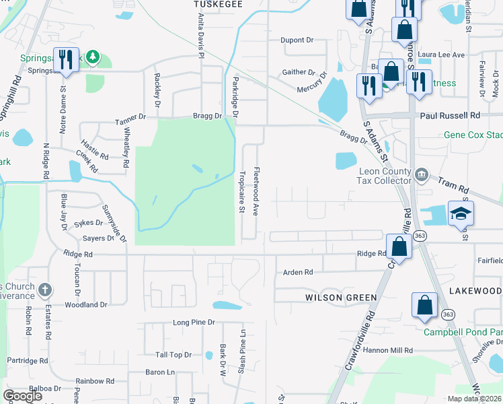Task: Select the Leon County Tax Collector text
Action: tap(384, 176)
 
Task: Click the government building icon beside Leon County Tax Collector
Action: tap(421, 175)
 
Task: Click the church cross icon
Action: tap(44, 291)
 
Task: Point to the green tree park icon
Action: tap(95, 59)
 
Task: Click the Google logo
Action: tap(23, 396)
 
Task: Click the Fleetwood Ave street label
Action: tap(256, 191)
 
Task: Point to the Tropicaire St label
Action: tap(241, 191)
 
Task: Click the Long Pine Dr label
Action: tap(193, 323)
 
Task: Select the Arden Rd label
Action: tap(298, 273)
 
